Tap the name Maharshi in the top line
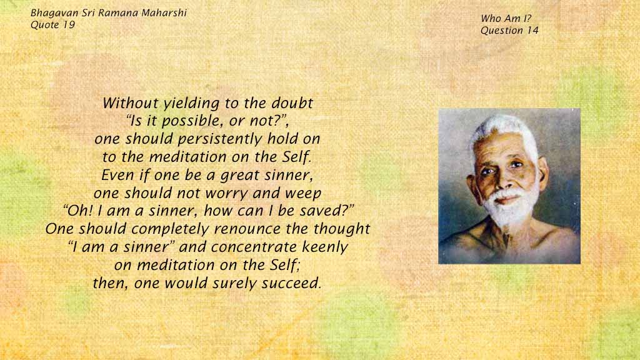pos(164,12)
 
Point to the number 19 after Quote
pos(69,25)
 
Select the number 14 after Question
pos(532,30)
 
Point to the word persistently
pos(220,139)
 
